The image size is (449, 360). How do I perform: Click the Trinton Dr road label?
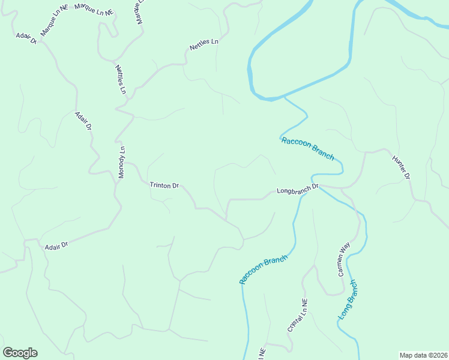[164, 186]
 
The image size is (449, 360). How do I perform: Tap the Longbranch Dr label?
[297, 190]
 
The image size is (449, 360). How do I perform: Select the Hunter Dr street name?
[401, 168]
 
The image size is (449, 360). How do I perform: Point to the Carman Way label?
[343, 259]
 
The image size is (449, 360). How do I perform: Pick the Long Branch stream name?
[348, 299]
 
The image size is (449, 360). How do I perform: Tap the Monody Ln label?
[122, 163]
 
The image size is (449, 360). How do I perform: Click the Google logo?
[20, 353]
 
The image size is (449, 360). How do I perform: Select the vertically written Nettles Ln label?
[121, 79]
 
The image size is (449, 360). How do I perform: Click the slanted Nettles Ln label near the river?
[204, 44]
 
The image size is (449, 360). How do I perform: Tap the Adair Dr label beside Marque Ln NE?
[26, 38]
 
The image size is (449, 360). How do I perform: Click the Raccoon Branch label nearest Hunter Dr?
[307, 148]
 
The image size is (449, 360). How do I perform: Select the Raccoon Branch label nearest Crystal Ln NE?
[264, 269]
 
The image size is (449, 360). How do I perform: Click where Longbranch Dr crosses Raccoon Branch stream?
[300, 194]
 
